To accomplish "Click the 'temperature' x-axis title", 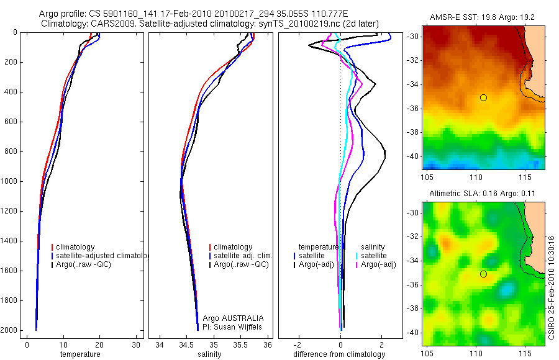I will [80, 354].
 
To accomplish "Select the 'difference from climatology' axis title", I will [341, 354].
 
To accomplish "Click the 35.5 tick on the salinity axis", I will [241, 344].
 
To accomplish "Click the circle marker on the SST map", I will [483, 97].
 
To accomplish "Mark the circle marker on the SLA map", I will [483, 274].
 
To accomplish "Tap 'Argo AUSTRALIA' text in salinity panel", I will [229, 318].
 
